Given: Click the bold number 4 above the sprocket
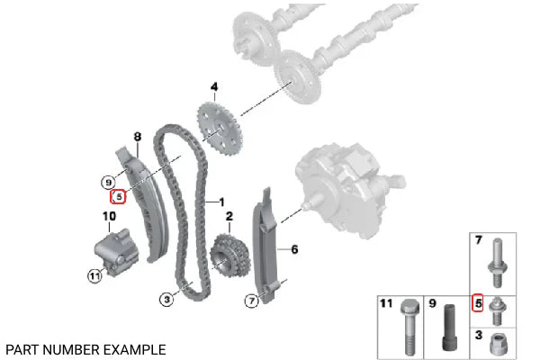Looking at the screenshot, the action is tap(214, 86).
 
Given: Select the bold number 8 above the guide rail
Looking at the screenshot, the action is tap(138, 137).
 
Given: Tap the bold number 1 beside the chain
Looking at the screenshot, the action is tap(221, 202).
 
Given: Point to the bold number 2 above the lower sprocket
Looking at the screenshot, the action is tap(229, 216).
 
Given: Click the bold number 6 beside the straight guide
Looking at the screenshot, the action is tap(294, 249).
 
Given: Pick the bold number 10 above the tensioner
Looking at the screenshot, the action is tap(109, 216).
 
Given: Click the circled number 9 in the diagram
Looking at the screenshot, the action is tap(109, 182).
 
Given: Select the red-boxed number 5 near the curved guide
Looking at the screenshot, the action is tap(118, 197).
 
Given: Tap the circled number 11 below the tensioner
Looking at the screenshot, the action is tap(94, 276).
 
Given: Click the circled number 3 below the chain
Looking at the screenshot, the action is tap(166, 300).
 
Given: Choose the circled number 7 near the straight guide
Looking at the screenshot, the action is tap(252, 301).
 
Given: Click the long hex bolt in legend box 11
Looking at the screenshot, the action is tap(409, 328).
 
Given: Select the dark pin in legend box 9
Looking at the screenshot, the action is tap(449, 328).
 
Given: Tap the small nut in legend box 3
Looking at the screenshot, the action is tap(498, 344).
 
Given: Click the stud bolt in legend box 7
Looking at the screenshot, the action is tap(497, 263).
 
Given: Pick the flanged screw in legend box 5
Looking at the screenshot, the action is tap(496, 310).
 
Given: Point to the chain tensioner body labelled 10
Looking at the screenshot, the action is tap(116, 251).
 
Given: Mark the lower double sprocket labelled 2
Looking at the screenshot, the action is tap(229, 256).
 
